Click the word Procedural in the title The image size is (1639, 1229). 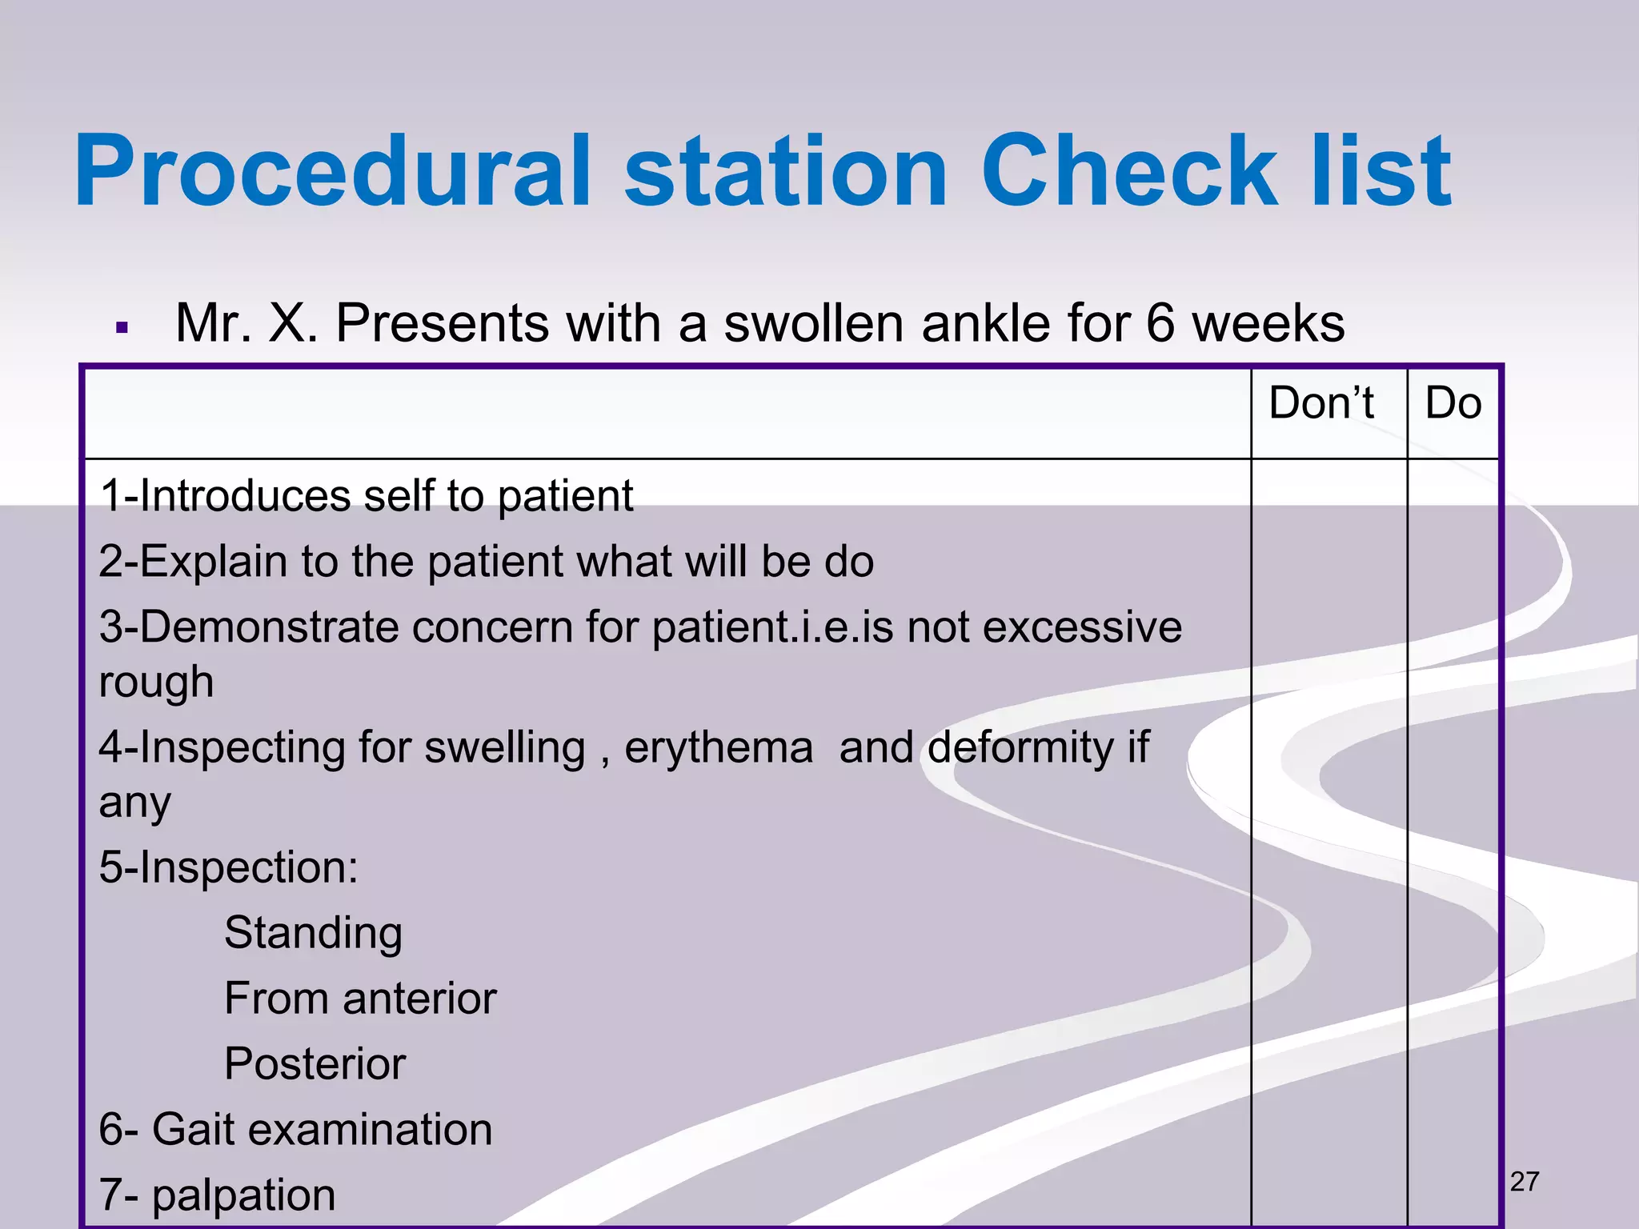[332, 172]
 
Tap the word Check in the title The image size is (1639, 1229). [1128, 172]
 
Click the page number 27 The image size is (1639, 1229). [1524, 1182]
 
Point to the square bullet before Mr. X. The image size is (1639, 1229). [122, 328]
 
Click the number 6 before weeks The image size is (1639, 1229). [1160, 323]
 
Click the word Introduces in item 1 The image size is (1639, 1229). [245, 495]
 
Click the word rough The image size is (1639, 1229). [156, 683]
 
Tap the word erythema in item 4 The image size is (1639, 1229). [718, 747]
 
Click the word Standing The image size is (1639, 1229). [313, 933]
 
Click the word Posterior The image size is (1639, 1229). [315, 1063]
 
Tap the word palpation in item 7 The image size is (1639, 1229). [243, 1195]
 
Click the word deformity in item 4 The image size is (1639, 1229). [1020, 747]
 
